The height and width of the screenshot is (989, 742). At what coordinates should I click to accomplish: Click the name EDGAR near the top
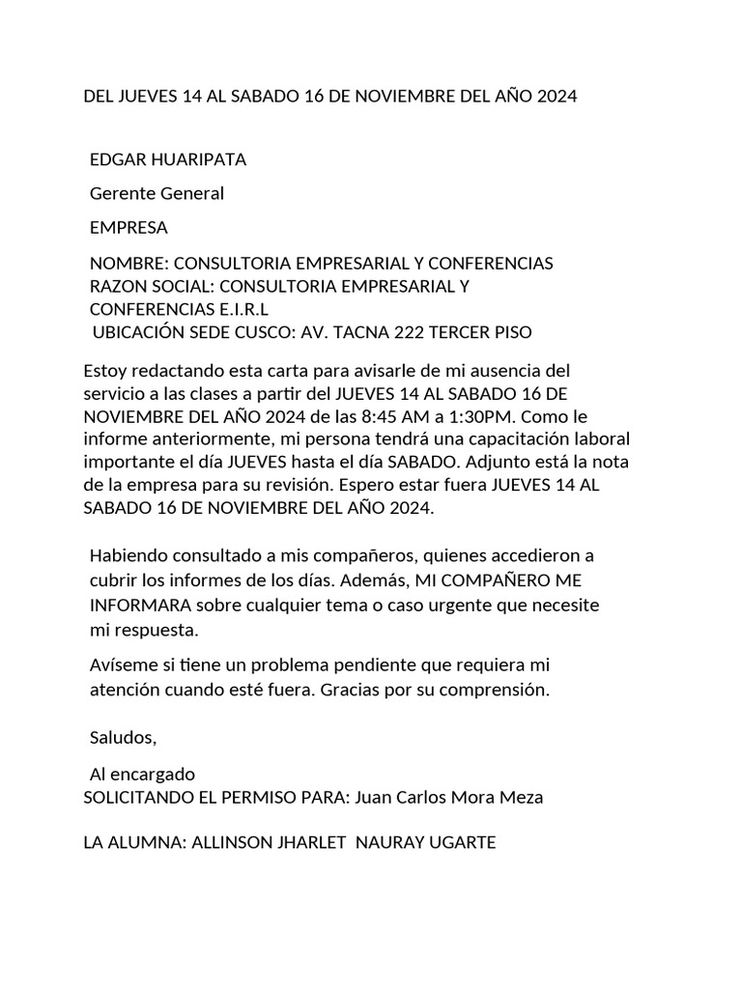pos(117,159)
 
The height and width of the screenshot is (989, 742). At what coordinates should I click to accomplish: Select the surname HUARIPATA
pos(198,159)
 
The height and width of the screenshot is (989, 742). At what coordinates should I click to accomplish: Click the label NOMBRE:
pos(128,263)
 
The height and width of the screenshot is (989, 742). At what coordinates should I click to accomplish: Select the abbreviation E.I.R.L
pos(239,309)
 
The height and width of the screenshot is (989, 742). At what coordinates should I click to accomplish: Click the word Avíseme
pos(124,665)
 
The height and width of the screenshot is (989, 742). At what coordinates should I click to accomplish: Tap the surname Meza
pos(521,797)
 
